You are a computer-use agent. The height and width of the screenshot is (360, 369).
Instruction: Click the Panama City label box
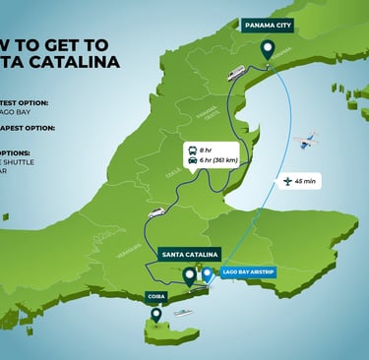coord(269,25)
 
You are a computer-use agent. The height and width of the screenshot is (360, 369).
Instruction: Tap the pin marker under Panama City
coord(267,49)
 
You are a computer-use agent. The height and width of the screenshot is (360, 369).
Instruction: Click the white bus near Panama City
coord(236,73)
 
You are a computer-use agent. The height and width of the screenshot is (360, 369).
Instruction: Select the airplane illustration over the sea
coord(309,141)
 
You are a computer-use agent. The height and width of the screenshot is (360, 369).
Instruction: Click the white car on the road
coord(155,212)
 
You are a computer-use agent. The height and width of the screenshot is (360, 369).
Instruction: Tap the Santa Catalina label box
coord(186,254)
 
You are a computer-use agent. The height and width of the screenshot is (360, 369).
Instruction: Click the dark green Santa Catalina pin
coord(189,275)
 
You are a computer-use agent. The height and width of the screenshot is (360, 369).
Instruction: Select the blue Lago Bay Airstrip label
coord(248,271)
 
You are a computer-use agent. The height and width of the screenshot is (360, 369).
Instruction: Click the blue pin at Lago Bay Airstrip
coord(208,273)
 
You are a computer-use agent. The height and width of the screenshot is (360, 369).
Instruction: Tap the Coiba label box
coord(154,294)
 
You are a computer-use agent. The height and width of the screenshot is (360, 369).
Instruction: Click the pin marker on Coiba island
coord(155,315)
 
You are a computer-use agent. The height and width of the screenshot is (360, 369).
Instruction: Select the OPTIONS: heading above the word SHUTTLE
coord(16,152)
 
